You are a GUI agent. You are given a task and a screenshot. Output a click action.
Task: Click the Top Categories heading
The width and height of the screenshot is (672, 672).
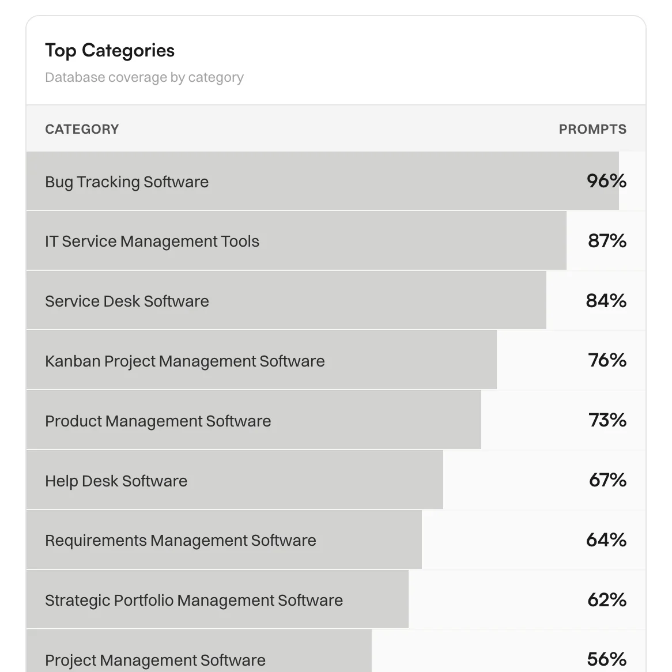pos(110,51)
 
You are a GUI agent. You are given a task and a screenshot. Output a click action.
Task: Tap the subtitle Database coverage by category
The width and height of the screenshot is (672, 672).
pos(144,77)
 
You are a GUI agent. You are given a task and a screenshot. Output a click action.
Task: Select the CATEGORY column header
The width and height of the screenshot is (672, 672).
pos(82,129)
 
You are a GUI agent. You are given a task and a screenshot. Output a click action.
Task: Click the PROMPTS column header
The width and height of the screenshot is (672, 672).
pos(592,129)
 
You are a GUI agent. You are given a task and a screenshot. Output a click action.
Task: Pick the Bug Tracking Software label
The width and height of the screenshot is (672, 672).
pos(127,182)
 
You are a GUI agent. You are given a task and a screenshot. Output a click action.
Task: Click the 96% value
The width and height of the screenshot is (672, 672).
pos(606,181)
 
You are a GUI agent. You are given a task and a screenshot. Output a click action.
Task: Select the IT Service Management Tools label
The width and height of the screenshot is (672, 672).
pos(152,241)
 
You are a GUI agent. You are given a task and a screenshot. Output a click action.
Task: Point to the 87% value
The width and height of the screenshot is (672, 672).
pos(607,241)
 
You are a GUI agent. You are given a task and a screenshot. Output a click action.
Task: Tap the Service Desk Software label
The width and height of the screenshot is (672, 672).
pos(127,301)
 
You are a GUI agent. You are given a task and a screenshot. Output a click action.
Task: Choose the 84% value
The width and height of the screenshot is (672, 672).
pos(606,301)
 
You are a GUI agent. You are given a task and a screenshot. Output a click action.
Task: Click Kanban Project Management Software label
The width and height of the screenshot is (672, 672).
pos(185,361)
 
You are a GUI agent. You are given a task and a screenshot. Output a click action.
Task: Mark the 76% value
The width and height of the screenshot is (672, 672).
pos(607,360)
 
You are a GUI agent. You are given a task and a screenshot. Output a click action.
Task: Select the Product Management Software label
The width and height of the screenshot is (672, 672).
pos(158,421)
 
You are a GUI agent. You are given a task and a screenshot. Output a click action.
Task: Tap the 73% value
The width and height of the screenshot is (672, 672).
pos(607,420)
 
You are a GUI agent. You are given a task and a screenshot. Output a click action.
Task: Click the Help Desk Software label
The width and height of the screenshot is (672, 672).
pos(116,481)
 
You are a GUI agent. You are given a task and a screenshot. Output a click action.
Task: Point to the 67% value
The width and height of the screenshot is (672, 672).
pos(607,480)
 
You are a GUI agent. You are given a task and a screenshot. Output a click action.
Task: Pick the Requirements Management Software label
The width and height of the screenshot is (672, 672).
pos(180,541)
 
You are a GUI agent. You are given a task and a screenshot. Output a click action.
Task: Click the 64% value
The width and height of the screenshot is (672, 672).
pos(606,540)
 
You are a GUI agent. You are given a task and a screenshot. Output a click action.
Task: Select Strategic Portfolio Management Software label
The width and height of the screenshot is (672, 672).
pos(194,601)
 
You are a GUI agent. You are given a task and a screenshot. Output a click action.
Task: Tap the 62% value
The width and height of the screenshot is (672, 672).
pos(606,600)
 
